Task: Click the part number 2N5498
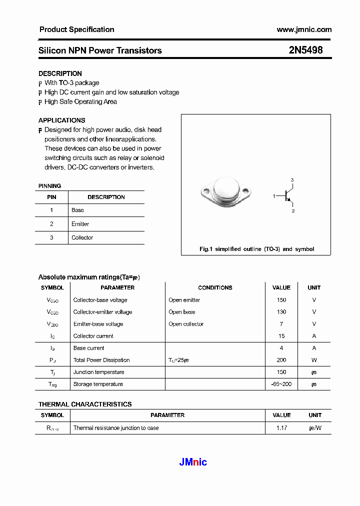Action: pos(305,50)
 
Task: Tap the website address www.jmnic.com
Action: pos(304,29)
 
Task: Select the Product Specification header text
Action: pos(76,29)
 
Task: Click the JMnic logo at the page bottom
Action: pos(193,462)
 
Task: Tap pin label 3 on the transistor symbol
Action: pos(292,179)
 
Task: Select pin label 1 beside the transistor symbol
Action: pos(274,196)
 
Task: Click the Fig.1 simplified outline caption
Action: pos(256,249)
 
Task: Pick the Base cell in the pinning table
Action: pos(77,210)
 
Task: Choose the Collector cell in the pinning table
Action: pos(82,237)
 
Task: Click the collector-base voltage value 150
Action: pos(281,300)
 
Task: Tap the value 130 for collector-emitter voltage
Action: pos(281,312)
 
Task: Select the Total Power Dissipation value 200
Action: pos(281,360)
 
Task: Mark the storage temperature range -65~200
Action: pos(281,384)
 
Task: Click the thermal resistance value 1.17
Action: pos(281,428)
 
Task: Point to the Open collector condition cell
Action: pos(186,324)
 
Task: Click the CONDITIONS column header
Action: pos(215,287)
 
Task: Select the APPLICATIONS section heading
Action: pos(61,120)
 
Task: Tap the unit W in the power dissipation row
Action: pos(314,360)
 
